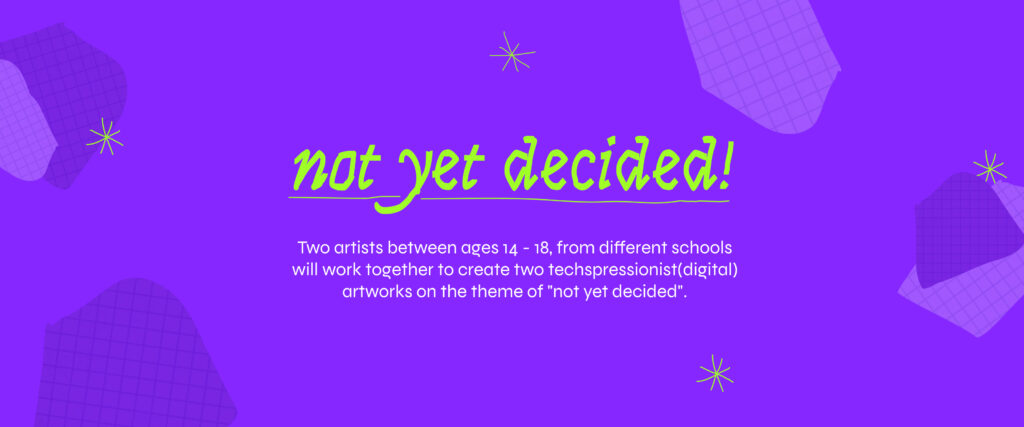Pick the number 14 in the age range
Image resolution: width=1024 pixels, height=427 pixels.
pyautogui.click(x=508, y=249)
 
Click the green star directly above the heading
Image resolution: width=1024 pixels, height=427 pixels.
pyautogui.click(x=513, y=52)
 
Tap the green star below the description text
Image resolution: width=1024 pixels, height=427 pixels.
pyautogui.click(x=715, y=373)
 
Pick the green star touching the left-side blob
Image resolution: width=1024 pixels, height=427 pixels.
pyautogui.click(x=104, y=136)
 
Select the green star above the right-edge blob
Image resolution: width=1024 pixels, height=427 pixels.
pyautogui.click(x=990, y=167)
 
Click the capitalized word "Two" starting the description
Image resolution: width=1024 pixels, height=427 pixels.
pyautogui.click(x=310, y=248)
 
